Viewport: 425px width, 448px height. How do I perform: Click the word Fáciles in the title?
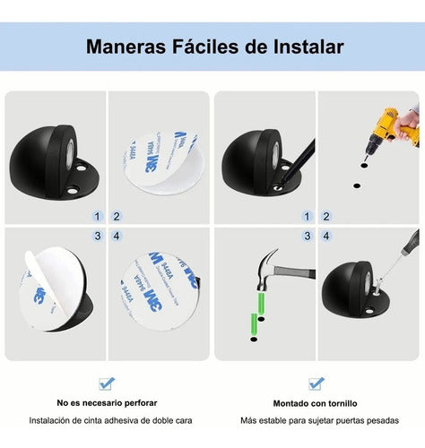pos(206,47)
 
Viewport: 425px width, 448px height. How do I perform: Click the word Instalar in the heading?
pos(308,47)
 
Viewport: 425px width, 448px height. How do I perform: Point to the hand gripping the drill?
pos(407,122)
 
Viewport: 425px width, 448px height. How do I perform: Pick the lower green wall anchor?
pos(255,325)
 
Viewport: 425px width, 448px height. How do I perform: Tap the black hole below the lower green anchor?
pos(254,340)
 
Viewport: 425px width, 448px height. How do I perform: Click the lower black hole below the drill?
pos(356,185)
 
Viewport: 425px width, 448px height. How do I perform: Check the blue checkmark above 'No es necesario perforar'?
pos(107,383)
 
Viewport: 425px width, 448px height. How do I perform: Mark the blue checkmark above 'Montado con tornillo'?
pos(317,383)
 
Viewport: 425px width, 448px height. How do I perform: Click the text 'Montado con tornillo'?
pos(315,403)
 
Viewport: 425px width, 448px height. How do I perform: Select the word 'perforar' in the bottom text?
pos(141,403)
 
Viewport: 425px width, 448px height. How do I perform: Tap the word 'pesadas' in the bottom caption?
pos(383,421)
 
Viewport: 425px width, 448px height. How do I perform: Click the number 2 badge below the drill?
pos(326,216)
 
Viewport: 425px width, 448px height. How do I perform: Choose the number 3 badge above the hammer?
pos(307,236)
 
